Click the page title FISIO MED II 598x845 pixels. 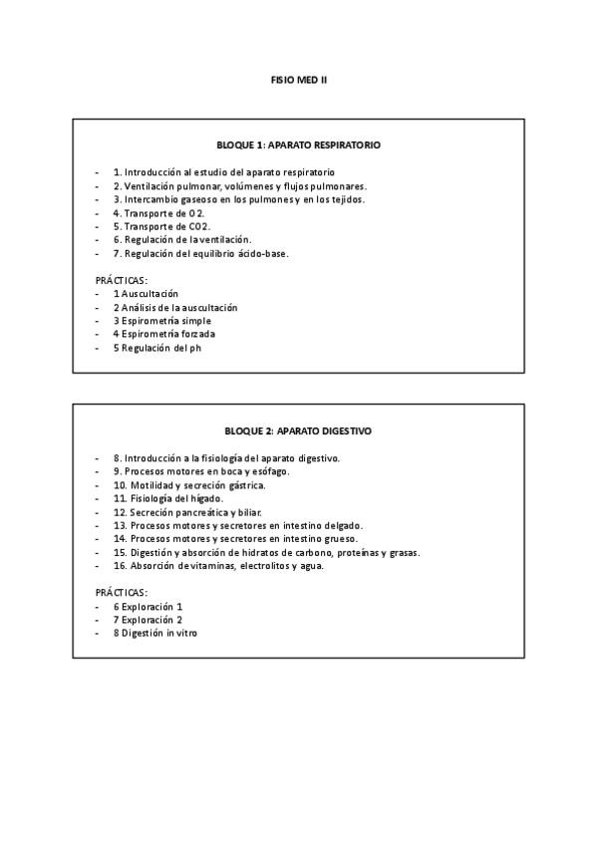click(299, 79)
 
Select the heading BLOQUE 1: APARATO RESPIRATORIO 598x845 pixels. click(298, 145)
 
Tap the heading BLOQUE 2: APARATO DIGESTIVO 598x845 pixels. click(298, 431)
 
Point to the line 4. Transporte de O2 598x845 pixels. click(159, 213)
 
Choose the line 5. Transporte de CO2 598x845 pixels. click(161, 226)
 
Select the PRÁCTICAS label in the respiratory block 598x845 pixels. click(121, 281)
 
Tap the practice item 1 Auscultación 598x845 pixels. click(146, 294)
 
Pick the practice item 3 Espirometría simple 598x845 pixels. click(161, 321)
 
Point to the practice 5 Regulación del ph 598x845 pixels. click(156, 349)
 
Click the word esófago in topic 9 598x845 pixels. click(269, 471)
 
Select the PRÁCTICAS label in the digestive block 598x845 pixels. click(121, 592)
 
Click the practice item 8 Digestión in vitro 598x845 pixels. click(154, 633)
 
